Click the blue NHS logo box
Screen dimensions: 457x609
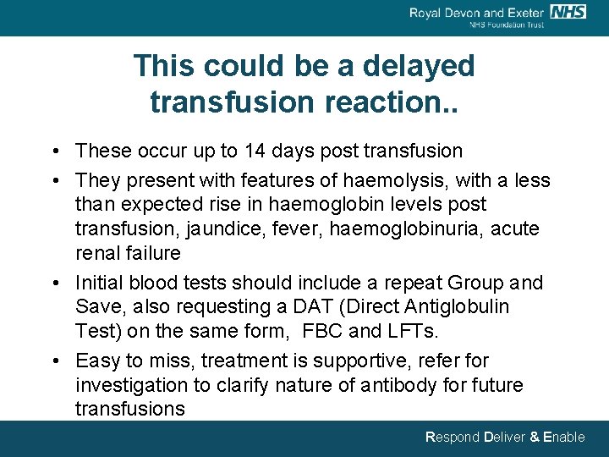pyautogui.click(x=568, y=11)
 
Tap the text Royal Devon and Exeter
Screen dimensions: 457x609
pyautogui.click(x=476, y=12)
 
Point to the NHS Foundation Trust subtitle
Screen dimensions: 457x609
pyautogui.click(x=507, y=25)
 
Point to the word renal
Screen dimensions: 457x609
pyautogui.click(x=100, y=253)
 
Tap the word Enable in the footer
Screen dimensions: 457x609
pyautogui.click(x=563, y=438)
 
